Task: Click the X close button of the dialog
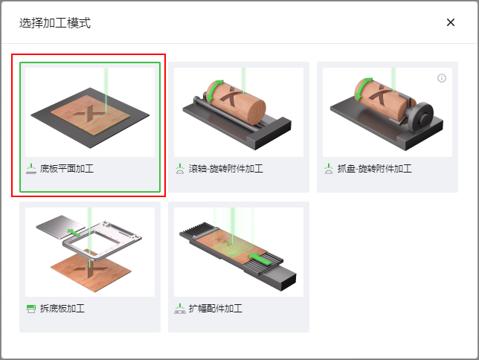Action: pyautogui.click(x=451, y=22)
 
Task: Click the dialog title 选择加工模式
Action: pyautogui.click(x=55, y=23)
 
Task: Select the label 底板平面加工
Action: pyautogui.click(x=67, y=169)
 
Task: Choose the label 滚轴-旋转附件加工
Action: pyautogui.click(x=226, y=169)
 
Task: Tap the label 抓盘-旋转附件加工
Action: pyautogui.click(x=375, y=169)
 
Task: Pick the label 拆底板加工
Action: pyautogui.click(x=62, y=309)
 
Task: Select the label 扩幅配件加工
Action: pyautogui.click(x=216, y=309)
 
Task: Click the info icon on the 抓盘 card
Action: pyautogui.click(x=442, y=78)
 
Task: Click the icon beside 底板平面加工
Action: pyautogui.click(x=31, y=169)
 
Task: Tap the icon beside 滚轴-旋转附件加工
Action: pyautogui.click(x=180, y=169)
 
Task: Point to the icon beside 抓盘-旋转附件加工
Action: pyautogui.click(x=329, y=169)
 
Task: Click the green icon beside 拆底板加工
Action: pyautogui.click(x=31, y=309)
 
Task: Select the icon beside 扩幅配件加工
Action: pyautogui.click(x=180, y=309)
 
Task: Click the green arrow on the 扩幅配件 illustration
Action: pyautogui.click(x=260, y=259)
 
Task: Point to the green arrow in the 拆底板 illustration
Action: pyautogui.click(x=74, y=232)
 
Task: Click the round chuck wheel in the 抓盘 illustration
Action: pyautogui.click(x=421, y=117)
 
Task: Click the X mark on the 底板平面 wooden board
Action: pyautogui.click(x=89, y=115)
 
